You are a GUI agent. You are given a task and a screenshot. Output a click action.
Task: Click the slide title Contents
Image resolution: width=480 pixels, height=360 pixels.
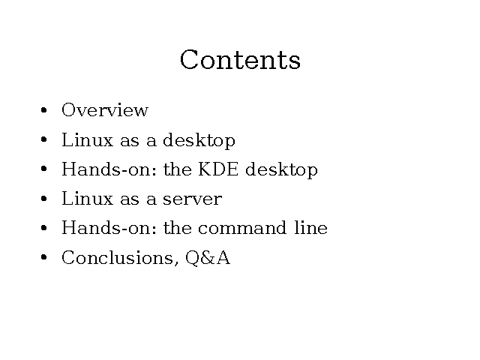(x=240, y=60)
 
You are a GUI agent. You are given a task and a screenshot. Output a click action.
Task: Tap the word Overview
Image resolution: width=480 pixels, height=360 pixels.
(x=105, y=110)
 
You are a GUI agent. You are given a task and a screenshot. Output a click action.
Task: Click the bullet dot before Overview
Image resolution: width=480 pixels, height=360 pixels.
(x=43, y=110)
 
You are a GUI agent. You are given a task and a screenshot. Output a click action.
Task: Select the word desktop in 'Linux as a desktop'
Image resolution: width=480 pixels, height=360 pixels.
(x=199, y=141)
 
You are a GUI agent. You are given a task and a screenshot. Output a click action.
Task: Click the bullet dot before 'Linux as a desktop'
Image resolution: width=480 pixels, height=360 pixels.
(x=43, y=139)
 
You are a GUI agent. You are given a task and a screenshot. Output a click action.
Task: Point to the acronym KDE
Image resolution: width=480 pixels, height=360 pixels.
(x=218, y=169)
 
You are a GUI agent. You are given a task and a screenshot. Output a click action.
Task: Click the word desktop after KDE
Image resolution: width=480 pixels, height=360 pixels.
(x=282, y=170)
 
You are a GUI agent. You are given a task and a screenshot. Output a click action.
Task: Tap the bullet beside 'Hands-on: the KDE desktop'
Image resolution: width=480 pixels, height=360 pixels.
(x=43, y=169)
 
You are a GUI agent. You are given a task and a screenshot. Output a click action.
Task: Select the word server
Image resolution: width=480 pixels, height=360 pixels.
(x=193, y=199)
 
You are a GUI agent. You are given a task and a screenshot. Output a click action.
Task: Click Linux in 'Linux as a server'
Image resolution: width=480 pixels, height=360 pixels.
(x=88, y=198)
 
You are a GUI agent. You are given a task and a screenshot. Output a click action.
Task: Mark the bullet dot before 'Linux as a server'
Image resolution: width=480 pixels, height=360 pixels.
(x=43, y=199)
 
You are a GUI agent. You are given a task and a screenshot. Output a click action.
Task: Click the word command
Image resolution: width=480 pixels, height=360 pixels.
(x=242, y=228)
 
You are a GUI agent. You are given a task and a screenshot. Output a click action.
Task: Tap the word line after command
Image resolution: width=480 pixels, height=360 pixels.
(x=311, y=228)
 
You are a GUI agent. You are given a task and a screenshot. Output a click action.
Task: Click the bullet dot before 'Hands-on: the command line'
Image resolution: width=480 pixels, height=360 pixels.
(x=43, y=228)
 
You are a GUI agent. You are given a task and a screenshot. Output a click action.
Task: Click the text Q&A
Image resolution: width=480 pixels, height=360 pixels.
(x=208, y=258)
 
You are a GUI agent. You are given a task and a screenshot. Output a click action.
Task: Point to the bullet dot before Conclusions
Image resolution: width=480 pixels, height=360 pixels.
(x=43, y=257)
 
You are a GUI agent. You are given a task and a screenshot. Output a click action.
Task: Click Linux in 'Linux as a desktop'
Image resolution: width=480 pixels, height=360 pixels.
(x=88, y=139)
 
